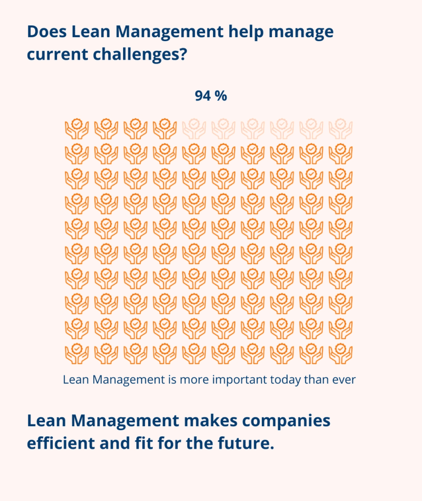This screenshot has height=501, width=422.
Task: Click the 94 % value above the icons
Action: point(211,96)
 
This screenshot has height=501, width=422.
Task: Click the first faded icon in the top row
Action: point(194,129)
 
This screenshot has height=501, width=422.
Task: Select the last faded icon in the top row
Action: point(340,129)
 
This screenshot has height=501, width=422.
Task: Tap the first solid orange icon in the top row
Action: point(77,129)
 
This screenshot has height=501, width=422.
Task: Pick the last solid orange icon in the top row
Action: point(165,129)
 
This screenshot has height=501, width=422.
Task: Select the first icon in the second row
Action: point(77,154)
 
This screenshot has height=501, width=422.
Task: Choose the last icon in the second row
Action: point(340,154)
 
